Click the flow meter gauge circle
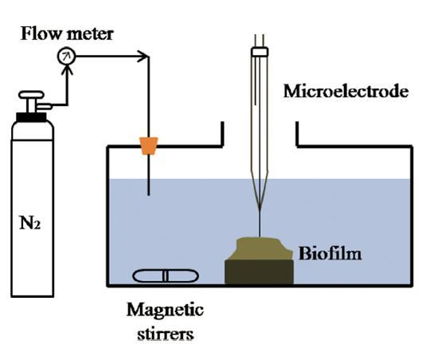(x=66, y=57)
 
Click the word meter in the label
(x=90, y=34)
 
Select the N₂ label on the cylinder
(x=30, y=222)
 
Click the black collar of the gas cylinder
(x=31, y=117)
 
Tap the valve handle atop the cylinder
(x=31, y=95)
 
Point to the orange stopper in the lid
(x=149, y=146)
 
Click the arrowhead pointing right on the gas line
(x=143, y=57)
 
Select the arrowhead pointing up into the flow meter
(x=67, y=69)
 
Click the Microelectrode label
(x=346, y=91)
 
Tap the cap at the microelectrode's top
(x=260, y=52)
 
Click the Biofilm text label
(x=330, y=253)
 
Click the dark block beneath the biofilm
(x=259, y=272)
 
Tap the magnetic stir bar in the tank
(x=166, y=276)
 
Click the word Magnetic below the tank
(x=166, y=311)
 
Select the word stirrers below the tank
(x=166, y=334)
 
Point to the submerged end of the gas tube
(x=149, y=194)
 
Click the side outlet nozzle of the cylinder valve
(x=45, y=106)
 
